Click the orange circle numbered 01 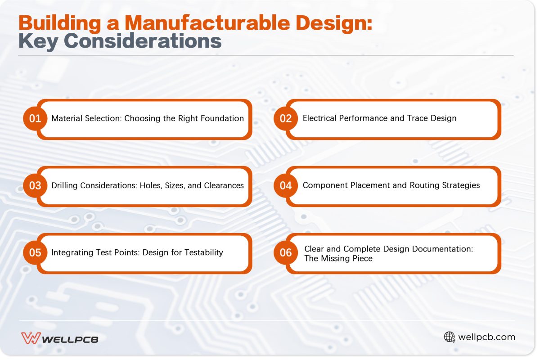point(35,119)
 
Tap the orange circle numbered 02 point(286,119)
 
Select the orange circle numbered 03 point(35,185)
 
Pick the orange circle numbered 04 point(286,185)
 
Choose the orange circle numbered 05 point(35,252)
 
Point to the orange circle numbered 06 point(286,252)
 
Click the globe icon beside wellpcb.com point(450,337)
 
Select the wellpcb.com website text point(486,337)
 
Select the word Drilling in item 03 point(64,185)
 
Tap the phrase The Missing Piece point(338,259)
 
